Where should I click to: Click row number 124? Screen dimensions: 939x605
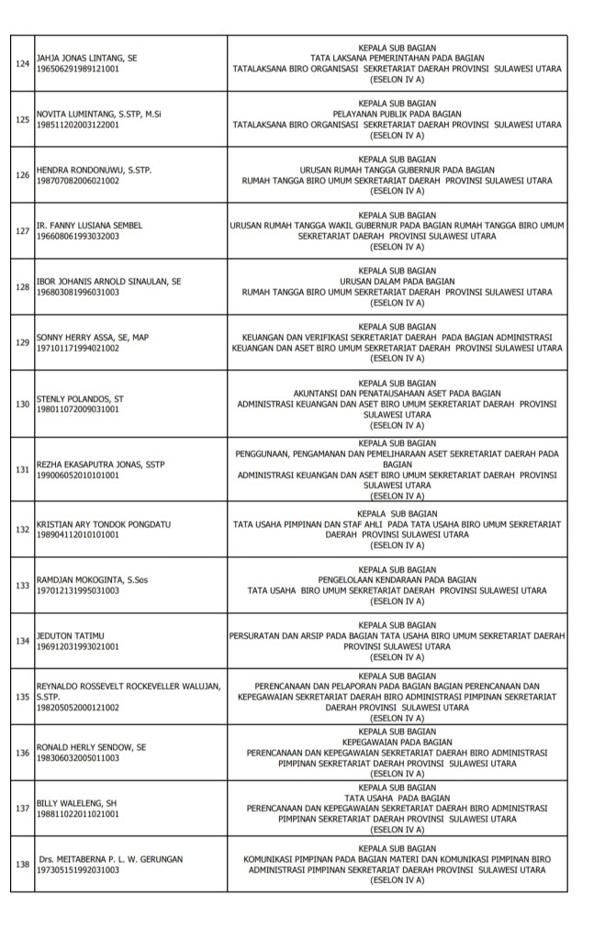pos(24,63)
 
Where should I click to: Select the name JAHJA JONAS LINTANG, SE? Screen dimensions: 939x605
pos(86,58)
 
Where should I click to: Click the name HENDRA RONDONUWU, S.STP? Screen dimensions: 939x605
pos(94,171)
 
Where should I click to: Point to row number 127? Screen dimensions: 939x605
pos(24,230)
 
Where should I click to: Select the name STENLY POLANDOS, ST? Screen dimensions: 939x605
pos(79,399)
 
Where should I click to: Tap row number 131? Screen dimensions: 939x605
pos(24,469)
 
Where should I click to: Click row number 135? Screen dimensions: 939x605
pos(24,698)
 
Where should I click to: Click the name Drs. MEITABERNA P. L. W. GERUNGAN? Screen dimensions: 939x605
pos(110,859)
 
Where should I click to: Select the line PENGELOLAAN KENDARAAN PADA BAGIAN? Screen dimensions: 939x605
pos(397,580)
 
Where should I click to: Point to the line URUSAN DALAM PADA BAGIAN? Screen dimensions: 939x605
pos(397,281)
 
